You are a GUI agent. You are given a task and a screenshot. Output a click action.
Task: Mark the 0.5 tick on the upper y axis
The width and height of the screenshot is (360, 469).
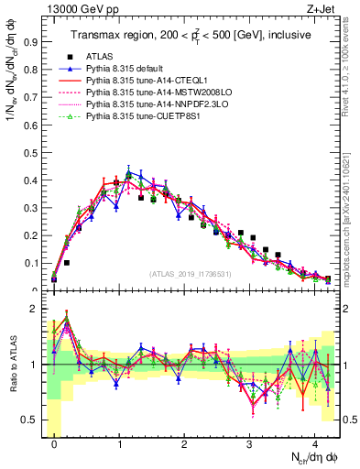pyautogui.click(x=32, y=153)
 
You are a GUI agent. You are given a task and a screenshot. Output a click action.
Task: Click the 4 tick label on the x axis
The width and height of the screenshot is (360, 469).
pyautogui.click(x=315, y=442)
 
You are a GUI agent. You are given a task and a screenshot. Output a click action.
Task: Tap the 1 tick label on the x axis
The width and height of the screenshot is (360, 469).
pyautogui.click(x=119, y=442)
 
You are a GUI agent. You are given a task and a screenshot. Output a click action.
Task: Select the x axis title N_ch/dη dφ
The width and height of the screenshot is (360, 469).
pyautogui.click(x=314, y=458)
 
